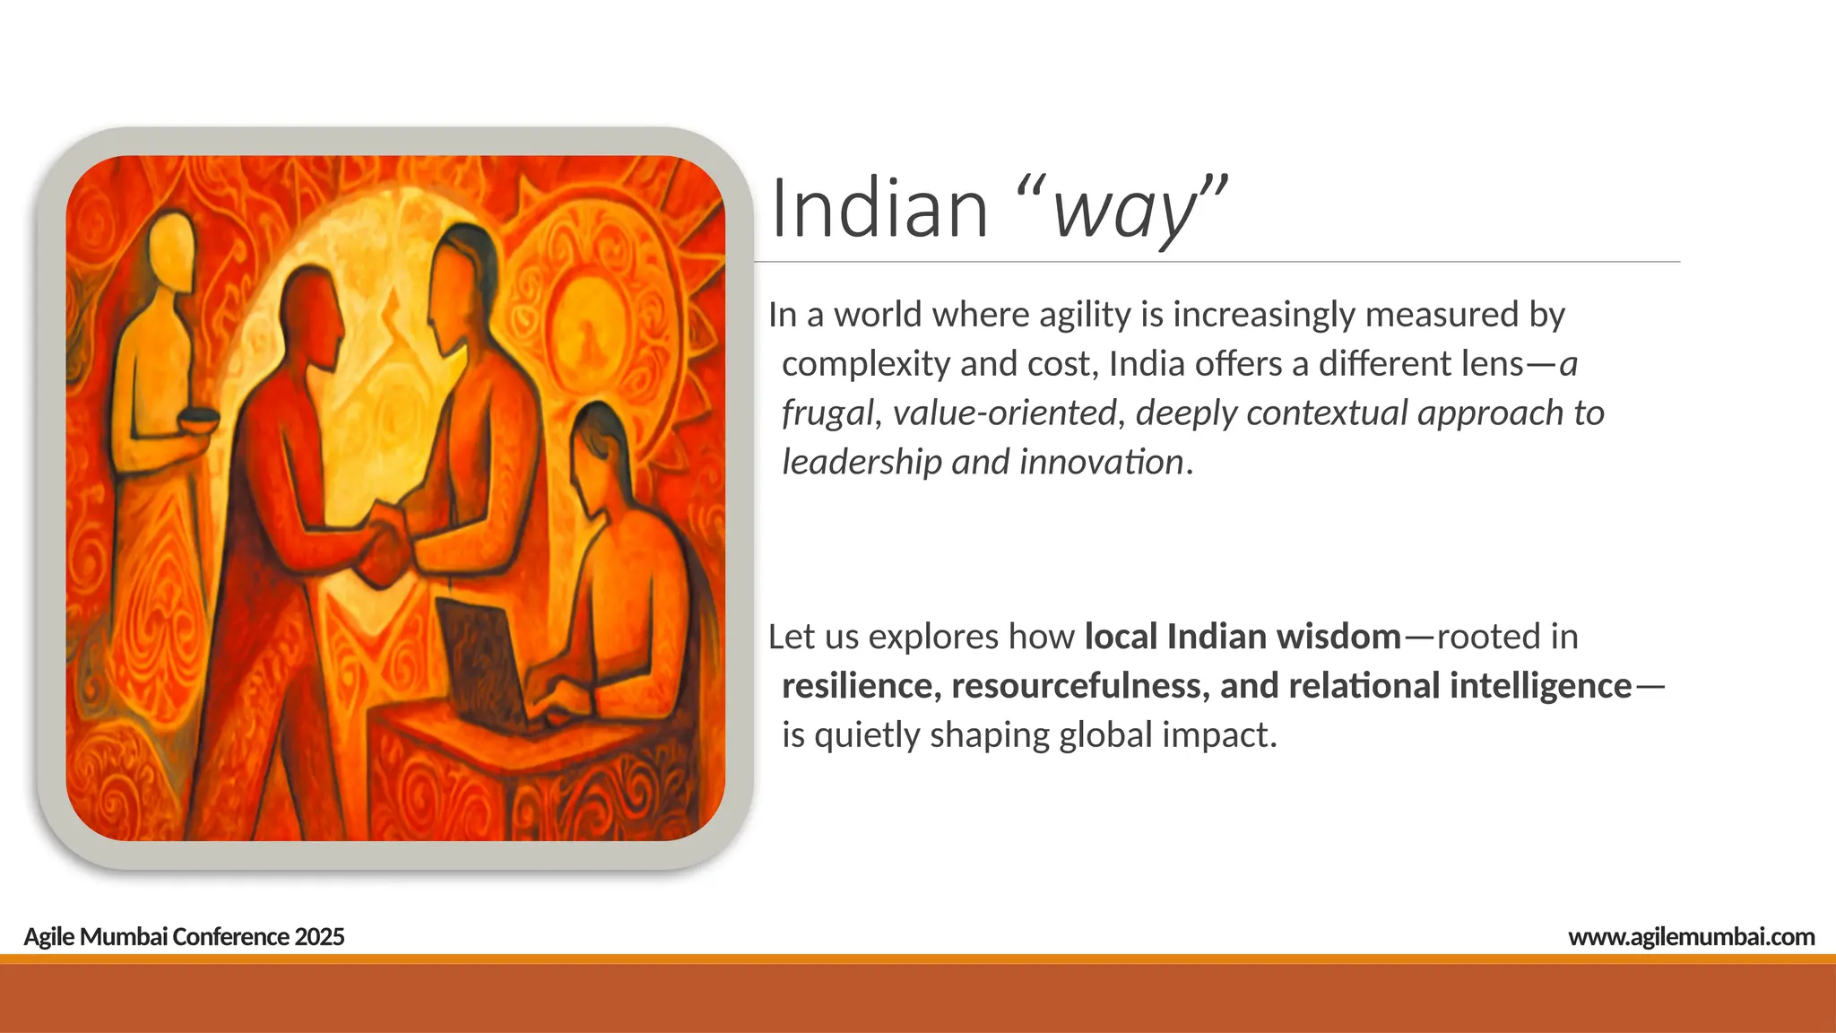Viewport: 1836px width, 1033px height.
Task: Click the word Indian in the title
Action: (x=879, y=209)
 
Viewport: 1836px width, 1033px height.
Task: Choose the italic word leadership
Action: (x=862, y=463)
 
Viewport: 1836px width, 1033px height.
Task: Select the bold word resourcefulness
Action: (x=1080, y=686)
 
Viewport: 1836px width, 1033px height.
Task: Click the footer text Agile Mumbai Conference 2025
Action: (x=184, y=937)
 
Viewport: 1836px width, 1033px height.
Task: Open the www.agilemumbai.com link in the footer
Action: (x=1691, y=937)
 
